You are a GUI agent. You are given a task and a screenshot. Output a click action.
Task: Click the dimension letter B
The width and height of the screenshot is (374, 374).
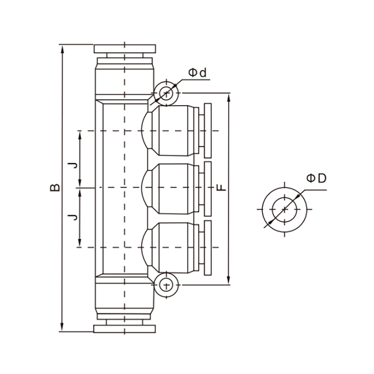(x=55, y=188)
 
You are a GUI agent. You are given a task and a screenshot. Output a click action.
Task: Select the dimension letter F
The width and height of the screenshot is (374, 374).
(x=222, y=187)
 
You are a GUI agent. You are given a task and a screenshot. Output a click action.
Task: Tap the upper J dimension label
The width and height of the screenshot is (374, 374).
(x=72, y=165)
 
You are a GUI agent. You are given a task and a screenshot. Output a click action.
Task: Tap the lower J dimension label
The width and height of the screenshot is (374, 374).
(x=72, y=217)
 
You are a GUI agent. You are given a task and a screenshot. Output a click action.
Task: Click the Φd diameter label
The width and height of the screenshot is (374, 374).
(x=197, y=73)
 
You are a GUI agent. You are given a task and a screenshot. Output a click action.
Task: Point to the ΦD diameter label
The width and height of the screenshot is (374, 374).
(x=316, y=178)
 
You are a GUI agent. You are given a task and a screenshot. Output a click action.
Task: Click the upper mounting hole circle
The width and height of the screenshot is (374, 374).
(x=166, y=93)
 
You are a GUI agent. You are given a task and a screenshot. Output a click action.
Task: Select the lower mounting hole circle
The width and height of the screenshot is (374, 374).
(x=166, y=285)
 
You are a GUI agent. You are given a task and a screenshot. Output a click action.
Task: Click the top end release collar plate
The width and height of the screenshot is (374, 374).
(x=125, y=49)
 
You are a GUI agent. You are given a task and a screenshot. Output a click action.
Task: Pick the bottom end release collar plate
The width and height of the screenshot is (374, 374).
(x=125, y=329)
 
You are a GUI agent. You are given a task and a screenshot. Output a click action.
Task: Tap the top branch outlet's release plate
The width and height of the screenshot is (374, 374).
(x=208, y=130)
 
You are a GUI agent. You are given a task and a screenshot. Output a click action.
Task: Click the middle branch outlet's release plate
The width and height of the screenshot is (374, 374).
(x=208, y=189)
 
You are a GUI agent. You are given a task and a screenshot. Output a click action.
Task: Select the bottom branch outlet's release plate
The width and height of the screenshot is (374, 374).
(x=208, y=248)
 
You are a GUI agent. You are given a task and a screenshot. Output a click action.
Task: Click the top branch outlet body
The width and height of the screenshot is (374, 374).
(x=173, y=130)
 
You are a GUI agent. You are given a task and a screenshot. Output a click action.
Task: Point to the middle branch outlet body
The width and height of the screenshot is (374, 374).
(x=173, y=188)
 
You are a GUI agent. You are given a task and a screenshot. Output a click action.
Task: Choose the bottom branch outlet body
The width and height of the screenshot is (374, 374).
(x=173, y=247)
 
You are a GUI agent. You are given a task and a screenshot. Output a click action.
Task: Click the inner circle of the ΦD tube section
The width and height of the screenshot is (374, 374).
(x=285, y=209)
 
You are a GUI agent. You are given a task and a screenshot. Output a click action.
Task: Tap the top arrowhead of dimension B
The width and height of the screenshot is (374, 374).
(x=63, y=50)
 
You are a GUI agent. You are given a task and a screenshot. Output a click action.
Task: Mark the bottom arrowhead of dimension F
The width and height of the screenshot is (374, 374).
(x=229, y=280)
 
